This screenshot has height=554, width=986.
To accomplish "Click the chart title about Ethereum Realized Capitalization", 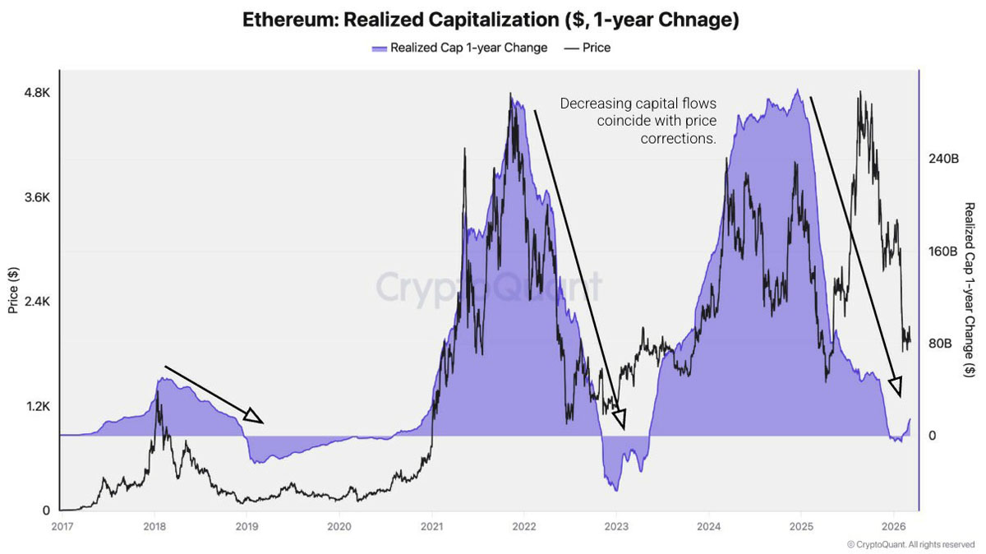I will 491,21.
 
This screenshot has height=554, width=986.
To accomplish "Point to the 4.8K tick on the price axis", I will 36,94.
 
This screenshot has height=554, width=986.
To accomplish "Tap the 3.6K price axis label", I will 36,198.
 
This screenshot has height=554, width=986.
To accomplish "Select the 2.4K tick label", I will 36,302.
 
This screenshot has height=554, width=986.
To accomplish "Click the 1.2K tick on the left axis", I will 36,407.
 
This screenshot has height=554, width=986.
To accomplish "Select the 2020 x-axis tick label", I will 339,526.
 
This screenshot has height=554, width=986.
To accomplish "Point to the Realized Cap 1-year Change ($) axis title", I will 970,290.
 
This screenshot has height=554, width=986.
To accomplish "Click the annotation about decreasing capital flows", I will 638,122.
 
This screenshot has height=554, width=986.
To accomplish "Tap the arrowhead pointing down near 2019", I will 253,416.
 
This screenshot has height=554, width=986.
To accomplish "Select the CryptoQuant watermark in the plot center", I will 489,288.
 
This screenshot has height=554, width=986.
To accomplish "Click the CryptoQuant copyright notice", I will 910,544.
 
